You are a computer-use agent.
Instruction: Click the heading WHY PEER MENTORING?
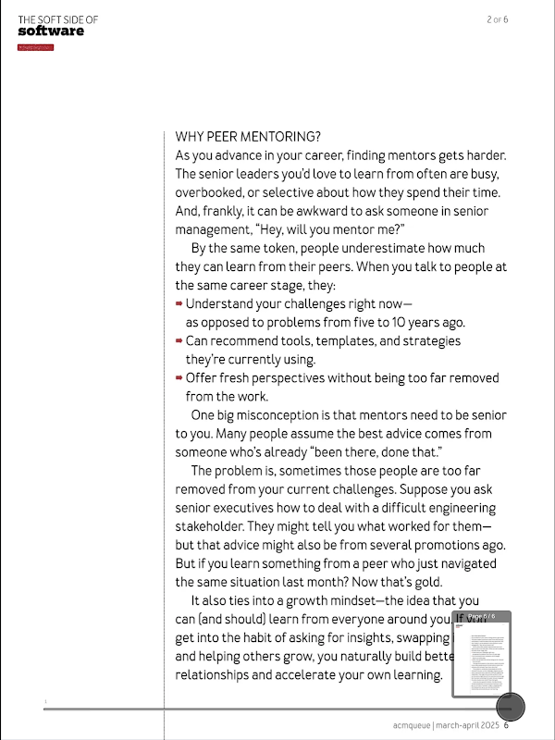click(248, 137)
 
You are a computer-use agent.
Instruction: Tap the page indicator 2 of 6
click(498, 19)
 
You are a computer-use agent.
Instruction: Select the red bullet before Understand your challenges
click(179, 303)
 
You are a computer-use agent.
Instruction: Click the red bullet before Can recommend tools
click(179, 340)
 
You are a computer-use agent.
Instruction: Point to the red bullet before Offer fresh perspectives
click(179, 377)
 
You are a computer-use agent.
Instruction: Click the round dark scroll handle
click(511, 707)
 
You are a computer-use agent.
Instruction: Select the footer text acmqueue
click(411, 725)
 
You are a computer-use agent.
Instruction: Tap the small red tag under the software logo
click(35, 46)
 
